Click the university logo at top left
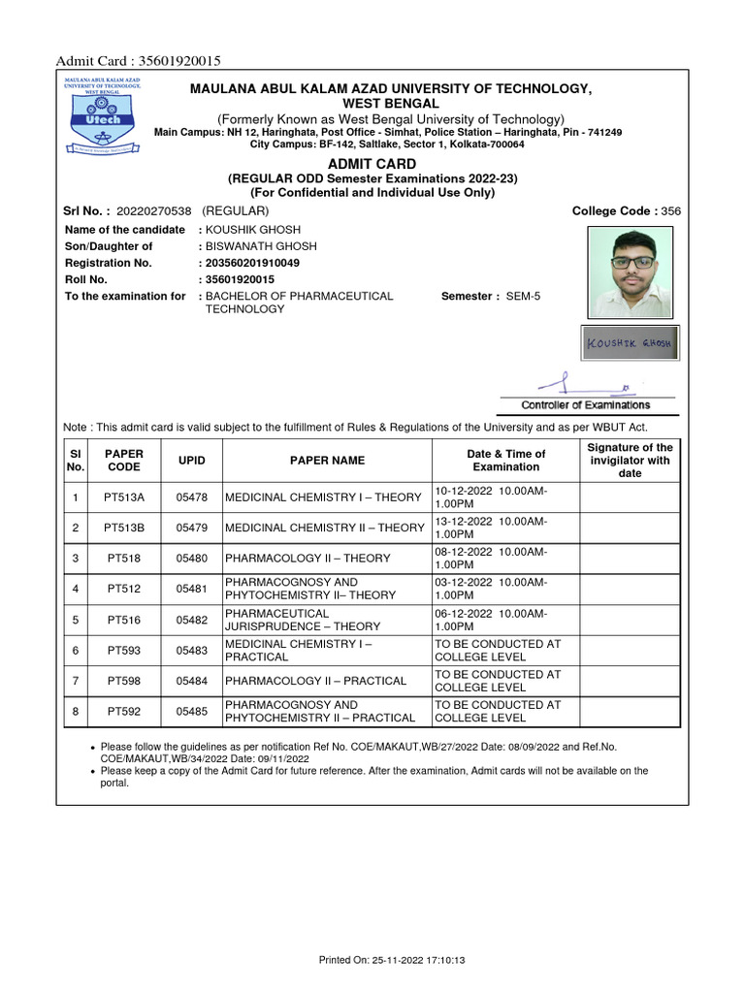coord(103,115)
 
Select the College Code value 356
coord(671,211)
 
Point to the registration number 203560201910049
coord(252,263)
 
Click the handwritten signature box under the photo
coord(632,344)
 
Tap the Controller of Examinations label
coord(586,405)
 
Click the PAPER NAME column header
coord(327,461)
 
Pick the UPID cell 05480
coord(191,559)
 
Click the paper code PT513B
coord(124,528)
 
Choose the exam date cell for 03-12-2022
coord(504,589)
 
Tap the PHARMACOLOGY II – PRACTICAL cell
coord(315,681)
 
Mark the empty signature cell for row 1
coord(630,497)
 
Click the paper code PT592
coord(124,712)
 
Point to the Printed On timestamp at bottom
coord(393,960)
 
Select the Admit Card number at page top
coord(139,61)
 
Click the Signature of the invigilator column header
coord(630,461)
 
